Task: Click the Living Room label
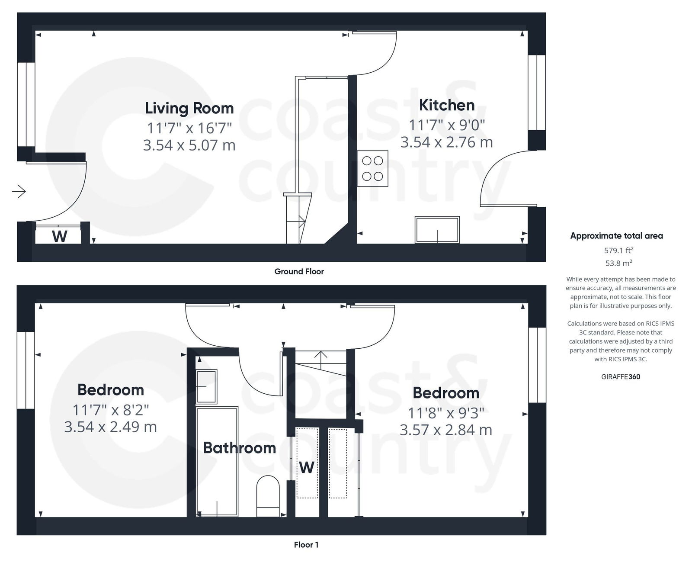[189, 108]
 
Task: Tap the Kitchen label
[446, 105]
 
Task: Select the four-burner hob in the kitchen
[372, 168]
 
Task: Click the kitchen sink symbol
[437, 230]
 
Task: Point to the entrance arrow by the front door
[19, 191]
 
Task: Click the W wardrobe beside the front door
[59, 236]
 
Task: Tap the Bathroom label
[239, 447]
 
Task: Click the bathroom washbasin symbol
[206, 386]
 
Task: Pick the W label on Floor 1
[306, 467]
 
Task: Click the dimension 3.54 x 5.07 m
[189, 145]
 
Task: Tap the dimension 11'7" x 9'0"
[446, 125]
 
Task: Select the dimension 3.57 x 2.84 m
[445, 430]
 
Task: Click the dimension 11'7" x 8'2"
[110, 409]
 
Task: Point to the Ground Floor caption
[299, 271]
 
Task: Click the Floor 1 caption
[306, 544]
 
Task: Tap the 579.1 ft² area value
[618, 250]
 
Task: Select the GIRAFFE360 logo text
[620, 376]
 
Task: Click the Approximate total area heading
[616, 236]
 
